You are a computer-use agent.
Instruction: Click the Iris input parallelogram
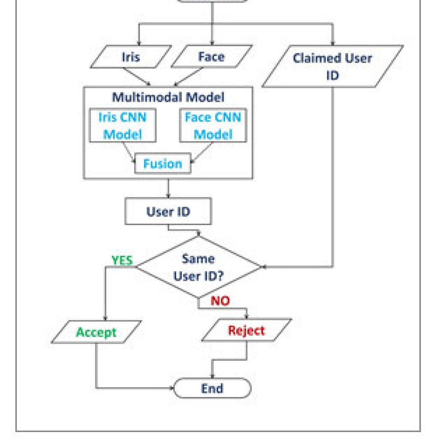pos(131,57)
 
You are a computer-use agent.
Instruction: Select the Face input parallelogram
pos(212,57)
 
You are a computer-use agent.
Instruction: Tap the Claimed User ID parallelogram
pos(333,66)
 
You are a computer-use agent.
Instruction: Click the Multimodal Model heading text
pos(168,97)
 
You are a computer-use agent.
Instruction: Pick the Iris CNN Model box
pos(123,126)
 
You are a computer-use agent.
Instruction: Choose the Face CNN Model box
pos(213,126)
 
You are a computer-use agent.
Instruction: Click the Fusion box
pos(162,163)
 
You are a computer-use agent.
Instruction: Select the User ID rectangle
pos(168,211)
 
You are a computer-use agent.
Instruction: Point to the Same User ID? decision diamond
pos(198,267)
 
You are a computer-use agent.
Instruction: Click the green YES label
pos(122,260)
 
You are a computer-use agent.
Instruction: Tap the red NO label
pos(220,301)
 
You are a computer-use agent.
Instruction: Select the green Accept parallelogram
pos(96,332)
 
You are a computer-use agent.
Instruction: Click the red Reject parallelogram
pos(247,331)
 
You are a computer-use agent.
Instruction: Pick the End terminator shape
pos(212,388)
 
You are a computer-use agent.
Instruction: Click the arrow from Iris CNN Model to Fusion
pos(129,153)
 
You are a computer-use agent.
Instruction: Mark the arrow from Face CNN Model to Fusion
pos(201,153)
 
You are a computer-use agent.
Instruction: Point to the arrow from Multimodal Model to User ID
pos(168,189)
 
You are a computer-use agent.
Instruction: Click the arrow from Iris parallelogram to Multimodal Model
pos(137,77)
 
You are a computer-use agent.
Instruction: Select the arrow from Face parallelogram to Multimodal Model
pos(188,77)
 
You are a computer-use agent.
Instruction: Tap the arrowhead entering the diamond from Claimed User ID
pos(264,267)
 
